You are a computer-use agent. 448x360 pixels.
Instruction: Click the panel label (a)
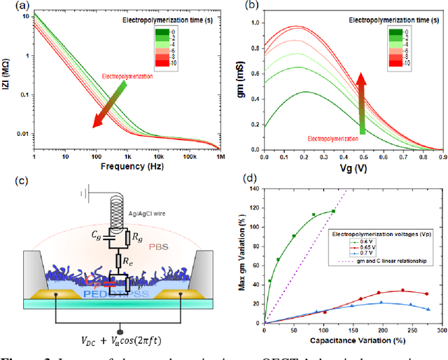click(x=12, y=8)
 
